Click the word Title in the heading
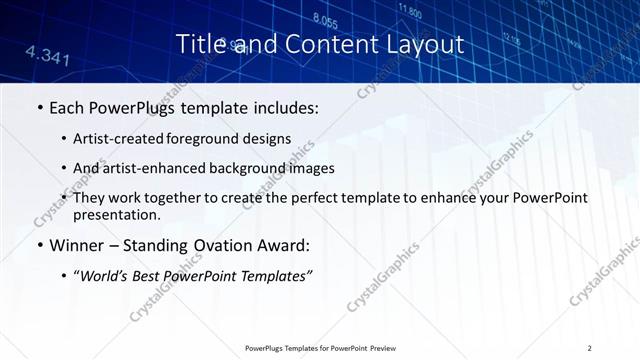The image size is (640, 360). pos(200,45)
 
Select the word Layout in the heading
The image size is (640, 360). pos(427,45)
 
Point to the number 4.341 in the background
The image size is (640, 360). pos(47,54)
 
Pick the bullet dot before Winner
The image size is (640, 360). pos(39,245)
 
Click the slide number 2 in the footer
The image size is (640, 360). pos(590,348)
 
